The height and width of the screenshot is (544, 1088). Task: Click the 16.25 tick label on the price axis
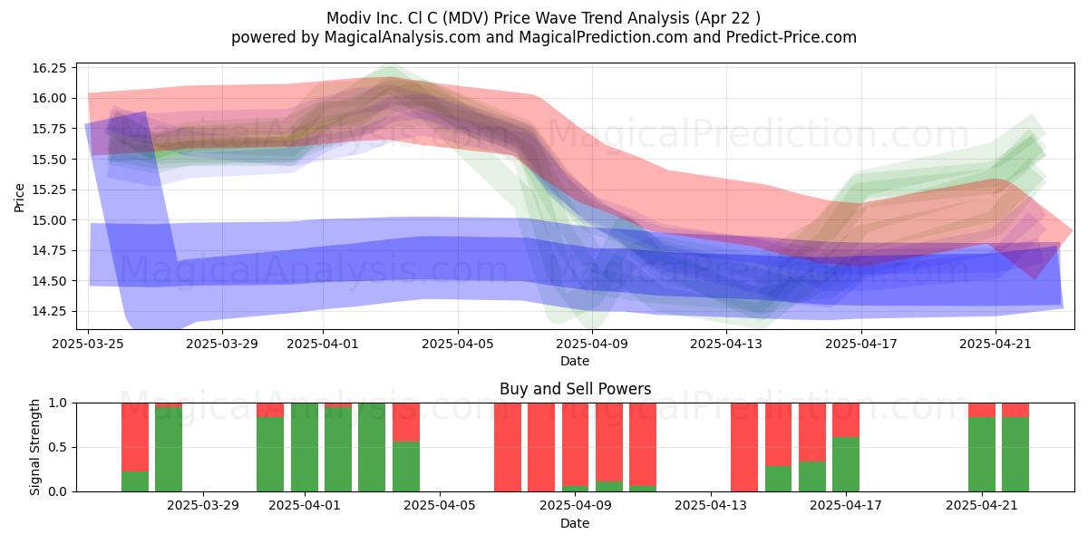49,68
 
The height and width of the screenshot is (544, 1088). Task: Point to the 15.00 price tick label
49,220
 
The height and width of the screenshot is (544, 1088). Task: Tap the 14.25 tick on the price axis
49,311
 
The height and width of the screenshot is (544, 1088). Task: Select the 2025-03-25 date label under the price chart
88,344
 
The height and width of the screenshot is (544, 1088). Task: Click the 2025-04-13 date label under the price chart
726,344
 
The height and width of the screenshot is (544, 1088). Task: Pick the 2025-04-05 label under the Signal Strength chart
440,506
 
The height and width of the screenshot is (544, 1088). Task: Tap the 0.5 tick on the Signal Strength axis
58,447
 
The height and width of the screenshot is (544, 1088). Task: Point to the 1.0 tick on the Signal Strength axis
58,403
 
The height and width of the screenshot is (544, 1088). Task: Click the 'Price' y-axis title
19,198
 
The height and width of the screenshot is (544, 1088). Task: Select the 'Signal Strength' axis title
34,447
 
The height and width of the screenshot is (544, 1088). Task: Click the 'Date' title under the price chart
575,362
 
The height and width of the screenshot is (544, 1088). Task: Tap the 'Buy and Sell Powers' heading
575,389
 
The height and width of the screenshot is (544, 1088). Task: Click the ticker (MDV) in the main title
466,18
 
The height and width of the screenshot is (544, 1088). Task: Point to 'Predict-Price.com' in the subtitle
792,37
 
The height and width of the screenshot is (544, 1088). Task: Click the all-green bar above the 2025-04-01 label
305,447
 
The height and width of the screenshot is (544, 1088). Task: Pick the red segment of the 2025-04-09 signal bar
576,444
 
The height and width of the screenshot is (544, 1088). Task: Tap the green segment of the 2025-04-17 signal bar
846,464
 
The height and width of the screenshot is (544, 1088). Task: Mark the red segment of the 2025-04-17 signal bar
846,420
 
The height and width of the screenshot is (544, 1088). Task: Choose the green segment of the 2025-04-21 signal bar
982,454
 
